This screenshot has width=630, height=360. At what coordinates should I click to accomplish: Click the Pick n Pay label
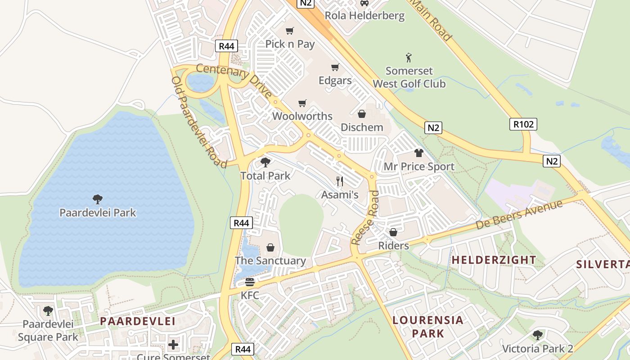click(x=290, y=44)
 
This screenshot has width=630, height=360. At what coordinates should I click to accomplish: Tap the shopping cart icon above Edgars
click(x=335, y=67)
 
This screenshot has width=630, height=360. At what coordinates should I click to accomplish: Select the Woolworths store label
click(x=302, y=116)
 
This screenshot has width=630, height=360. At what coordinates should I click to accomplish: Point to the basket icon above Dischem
click(x=361, y=114)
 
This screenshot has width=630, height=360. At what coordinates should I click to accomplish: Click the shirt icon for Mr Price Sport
click(x=419, y=153)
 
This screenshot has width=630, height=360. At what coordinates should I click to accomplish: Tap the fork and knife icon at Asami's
click(x=340, y=181)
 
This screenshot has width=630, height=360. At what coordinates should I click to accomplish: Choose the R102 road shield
click(x=523, y=124)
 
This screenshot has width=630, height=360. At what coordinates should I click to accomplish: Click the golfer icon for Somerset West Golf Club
click(x=409, y=58)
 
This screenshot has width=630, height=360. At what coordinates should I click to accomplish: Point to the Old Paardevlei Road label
click(x=198, y=121)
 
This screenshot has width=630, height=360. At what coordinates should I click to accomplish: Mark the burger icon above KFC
click(x=250, y=282)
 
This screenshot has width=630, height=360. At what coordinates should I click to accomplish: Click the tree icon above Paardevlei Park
click(x=97, y=199)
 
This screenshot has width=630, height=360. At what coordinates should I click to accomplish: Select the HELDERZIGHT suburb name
click(x=494, y=260)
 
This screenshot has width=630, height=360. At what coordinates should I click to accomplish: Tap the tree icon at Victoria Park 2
click(x=537, y=335)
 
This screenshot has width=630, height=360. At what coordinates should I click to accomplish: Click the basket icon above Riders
click(x=393, y=232)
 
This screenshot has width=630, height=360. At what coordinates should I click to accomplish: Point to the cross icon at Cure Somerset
click(x=173, y=345)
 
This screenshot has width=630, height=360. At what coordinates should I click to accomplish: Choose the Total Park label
click(x=265, y=175)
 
